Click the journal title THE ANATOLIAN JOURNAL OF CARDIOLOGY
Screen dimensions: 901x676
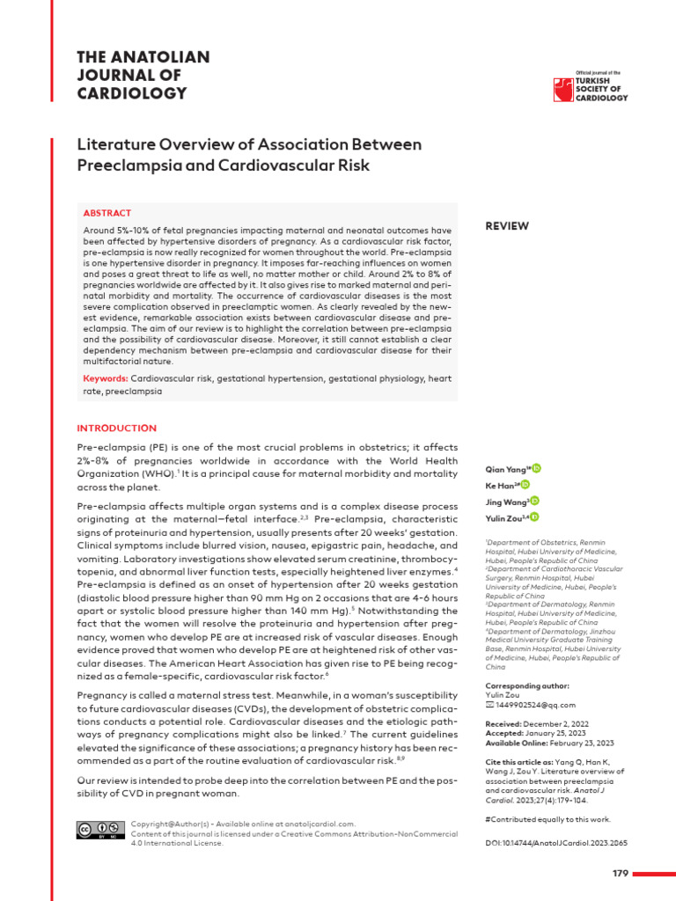click(144, 76)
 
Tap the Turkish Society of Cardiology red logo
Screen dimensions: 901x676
click(561, 89)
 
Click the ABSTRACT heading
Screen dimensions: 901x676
click(107, 213)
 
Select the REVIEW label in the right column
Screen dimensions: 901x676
click(507, 226)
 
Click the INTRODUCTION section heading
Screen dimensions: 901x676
click(116, 429)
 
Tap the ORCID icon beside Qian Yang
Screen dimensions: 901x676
click(537, 469)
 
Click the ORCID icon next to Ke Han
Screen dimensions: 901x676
click(525, 485)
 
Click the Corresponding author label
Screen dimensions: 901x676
click(527, 685)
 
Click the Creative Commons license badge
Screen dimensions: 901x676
click(101, 830)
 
